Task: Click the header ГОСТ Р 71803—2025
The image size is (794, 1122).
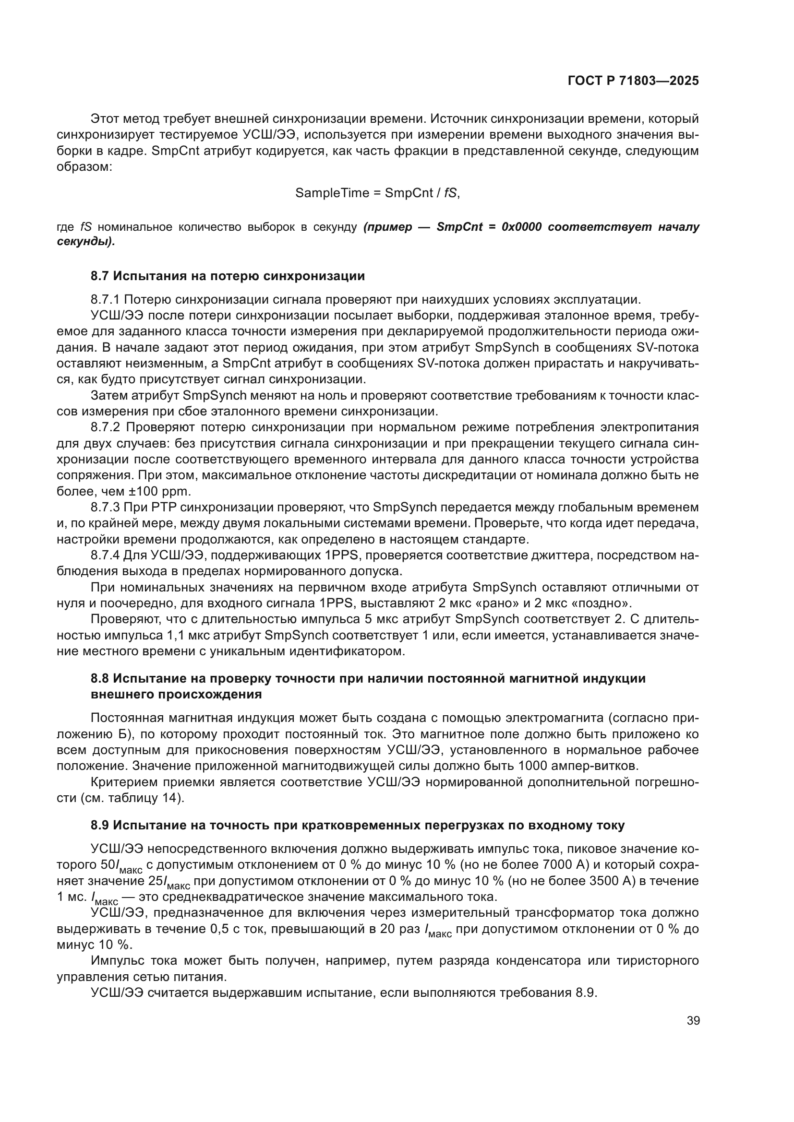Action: pyautogui.click(x=633, y=81)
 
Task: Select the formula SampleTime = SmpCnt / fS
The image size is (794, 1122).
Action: pyautogui.click(x=377, y=193)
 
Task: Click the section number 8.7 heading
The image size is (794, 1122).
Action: pyautogui.click(x=101, y=276)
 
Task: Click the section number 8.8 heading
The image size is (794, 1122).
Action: pyautogui.click(x=101, y=678)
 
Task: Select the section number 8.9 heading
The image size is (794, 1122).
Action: pyautogui.click(x=101, y=826)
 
